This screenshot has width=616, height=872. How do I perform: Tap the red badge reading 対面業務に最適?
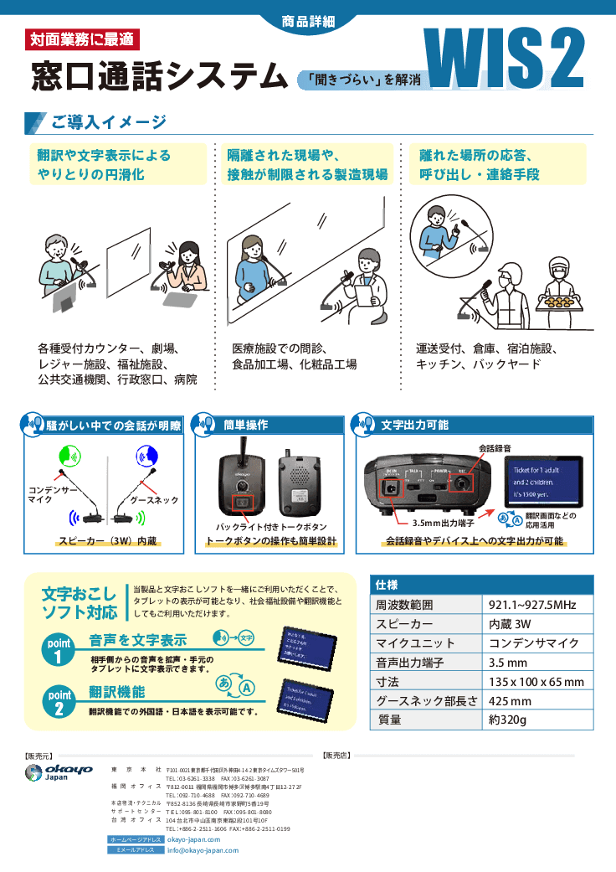click(x=82, y=39)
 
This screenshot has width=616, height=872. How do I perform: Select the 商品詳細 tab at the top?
click(x=307, y=18)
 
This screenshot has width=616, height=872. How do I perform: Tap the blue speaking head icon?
click(x=146, y=456)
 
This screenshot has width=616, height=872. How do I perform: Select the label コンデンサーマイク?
click(x=52, y=494)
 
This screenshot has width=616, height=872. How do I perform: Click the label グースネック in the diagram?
click(x=154, y=500)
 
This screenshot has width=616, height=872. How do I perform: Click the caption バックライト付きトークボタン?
click(x=271, y=526)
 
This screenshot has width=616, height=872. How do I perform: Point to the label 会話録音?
click(x=495, y=449)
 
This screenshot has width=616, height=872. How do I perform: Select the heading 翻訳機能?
click(x=117, y=692)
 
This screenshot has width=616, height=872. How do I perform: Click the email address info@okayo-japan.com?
click(x=203, y=849)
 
